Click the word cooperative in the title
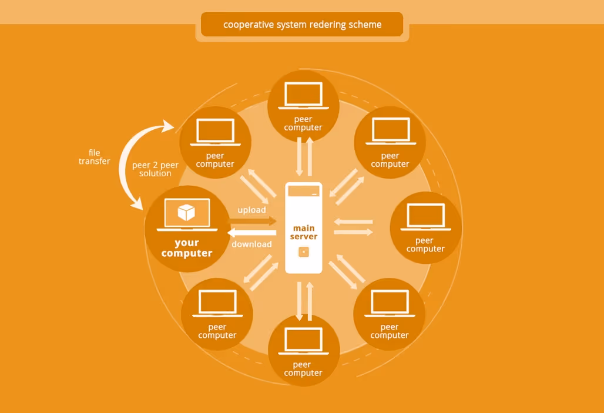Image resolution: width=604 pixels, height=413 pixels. click(246, 25)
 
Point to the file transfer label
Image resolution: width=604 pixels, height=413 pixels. click(94, 157)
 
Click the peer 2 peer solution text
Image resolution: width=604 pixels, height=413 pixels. click(155, 169)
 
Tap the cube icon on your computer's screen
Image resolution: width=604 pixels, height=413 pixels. click(186, 213)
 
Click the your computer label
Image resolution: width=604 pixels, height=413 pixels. click(186, 248)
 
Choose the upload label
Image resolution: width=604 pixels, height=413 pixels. click(251, 210)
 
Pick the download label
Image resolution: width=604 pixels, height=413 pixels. click(251, 244)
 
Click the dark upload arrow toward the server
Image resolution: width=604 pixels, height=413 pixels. click(253, 221)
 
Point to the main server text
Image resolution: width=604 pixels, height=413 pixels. click(303, 232)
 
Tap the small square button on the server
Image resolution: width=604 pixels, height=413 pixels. click(303, 252)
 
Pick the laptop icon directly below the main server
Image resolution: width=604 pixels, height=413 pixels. click(303, 341)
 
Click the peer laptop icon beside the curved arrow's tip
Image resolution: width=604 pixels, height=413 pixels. click(215, 132)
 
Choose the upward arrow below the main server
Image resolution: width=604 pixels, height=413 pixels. click(310, 301)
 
